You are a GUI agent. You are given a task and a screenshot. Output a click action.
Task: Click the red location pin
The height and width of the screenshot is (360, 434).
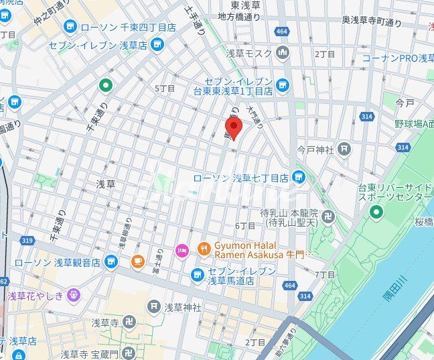coord(233,128)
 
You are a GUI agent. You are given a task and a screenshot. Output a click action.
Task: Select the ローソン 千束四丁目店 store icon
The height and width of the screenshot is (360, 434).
coord(70,27)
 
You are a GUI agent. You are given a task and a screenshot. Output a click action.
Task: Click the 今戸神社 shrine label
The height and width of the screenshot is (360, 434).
coord(315,149)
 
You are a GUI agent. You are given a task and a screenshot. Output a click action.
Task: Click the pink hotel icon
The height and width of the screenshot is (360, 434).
coord(182,251)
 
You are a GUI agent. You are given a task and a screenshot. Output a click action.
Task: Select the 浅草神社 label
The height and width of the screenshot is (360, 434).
coord(182,307)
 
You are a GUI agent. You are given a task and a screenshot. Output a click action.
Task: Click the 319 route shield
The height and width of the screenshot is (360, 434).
coord(27,240)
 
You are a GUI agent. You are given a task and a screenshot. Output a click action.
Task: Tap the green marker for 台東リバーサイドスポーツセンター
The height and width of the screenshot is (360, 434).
coord(376,213)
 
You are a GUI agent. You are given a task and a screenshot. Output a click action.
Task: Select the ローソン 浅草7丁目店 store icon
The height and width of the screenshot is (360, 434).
coord(299,178)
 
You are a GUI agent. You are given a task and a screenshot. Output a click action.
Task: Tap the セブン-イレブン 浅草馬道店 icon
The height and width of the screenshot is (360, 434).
coord(197,274)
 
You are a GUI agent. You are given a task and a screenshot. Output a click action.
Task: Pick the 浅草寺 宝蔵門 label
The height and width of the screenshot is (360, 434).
coord(88,354)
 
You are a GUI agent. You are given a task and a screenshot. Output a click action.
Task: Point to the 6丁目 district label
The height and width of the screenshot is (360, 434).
coord(245,226)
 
